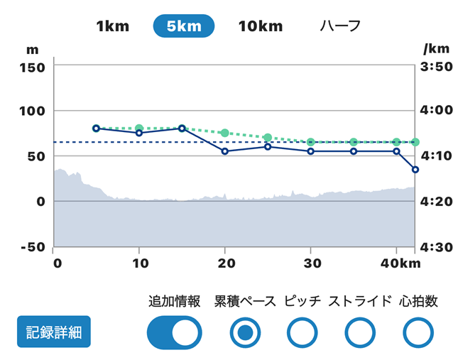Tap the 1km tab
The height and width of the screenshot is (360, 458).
(112, 26)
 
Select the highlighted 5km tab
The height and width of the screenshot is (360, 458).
(183, 26)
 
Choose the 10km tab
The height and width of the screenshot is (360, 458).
(260, 26)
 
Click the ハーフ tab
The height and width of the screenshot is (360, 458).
(340, 26)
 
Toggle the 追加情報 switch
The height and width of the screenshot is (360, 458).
(175, 332)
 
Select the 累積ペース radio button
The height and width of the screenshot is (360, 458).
(245, 332)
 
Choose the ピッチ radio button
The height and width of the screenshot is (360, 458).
(302, 332)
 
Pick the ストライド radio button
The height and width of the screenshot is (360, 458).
(360, 332)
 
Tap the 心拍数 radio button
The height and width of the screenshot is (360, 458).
(418, 332)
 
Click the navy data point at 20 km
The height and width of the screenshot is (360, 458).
(225, 151)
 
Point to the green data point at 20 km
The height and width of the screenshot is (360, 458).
(225, 133)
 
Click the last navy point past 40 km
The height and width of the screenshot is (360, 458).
(415, 170)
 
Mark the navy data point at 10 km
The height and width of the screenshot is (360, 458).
(139, 133)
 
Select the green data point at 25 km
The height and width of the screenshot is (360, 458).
(268, 137)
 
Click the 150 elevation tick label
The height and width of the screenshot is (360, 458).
(31, 67)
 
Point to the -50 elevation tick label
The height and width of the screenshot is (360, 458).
(31, 246)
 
